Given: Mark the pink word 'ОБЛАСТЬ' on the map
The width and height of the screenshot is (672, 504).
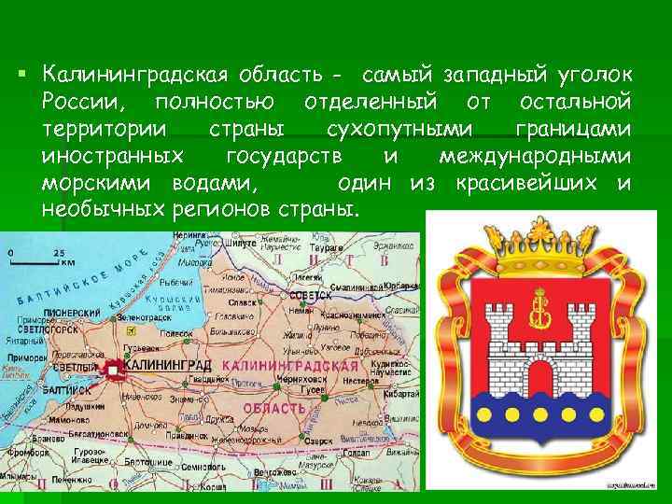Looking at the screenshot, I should (x=274, y=409).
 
